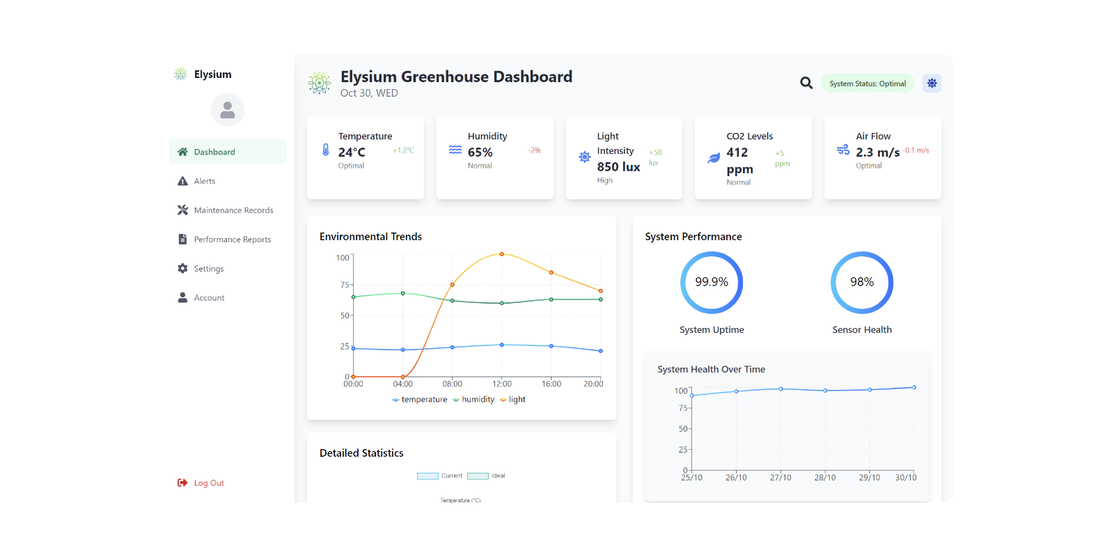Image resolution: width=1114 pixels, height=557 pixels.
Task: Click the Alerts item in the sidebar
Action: [204, 181]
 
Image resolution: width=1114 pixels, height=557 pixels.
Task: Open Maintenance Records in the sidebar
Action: [233, 210]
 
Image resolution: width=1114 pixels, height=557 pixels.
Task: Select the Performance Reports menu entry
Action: [232, 240]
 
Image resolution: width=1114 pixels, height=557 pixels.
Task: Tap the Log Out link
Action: [208, 483]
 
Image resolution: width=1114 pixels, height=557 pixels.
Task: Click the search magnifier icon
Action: [806, 83]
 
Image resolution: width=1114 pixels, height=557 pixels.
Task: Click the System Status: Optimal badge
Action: [868, 84]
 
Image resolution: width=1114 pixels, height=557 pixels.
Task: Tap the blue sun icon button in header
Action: [932, 83]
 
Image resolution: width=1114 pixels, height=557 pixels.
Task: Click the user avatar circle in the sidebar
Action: [228, 110]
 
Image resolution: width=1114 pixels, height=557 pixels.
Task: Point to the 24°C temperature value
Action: [352, 152]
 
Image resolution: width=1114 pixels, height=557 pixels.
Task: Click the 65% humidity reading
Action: [480, 152]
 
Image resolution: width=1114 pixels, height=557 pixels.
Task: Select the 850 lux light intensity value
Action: [618, 167]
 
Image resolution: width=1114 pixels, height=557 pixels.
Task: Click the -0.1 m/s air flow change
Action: [916, 150]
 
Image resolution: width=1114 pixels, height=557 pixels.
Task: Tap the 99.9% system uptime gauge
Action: [712, 282]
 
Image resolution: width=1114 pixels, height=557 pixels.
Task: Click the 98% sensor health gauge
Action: [862, 282]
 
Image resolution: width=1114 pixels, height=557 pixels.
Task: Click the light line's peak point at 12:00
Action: [502, 254]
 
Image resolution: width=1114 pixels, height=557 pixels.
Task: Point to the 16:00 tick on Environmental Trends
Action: [551, 384]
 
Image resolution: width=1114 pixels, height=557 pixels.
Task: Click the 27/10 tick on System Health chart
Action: [780, 478]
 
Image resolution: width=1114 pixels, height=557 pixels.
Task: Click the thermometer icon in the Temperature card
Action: [326, 150]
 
